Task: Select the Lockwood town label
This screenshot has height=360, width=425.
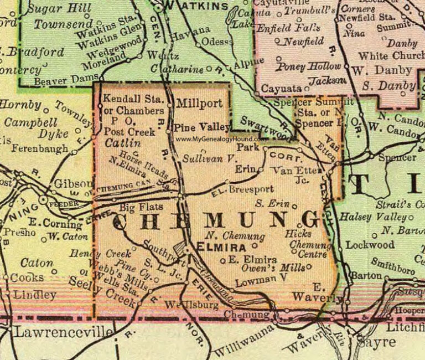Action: pyautogui.click(x=370, y=244)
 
